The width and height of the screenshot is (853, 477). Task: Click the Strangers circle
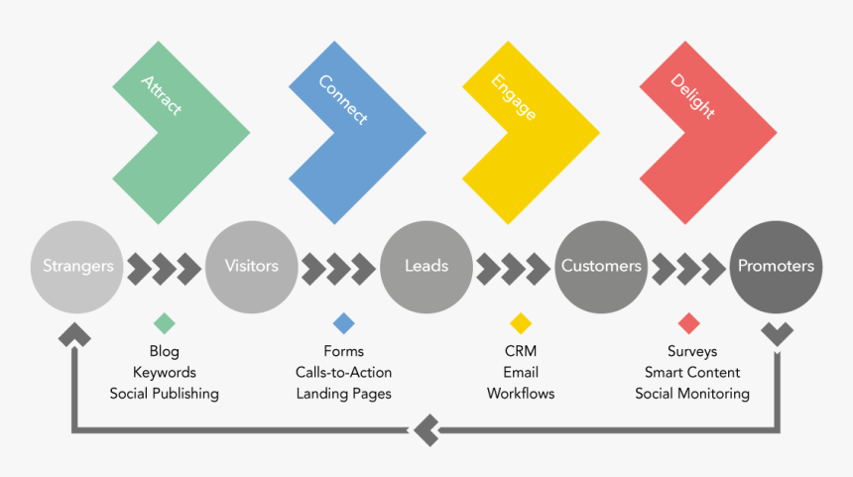click(77, 266)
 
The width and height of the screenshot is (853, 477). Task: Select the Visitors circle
click(251, 266)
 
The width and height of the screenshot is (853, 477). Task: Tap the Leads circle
click(426, 266)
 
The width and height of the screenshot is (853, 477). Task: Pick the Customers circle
click(601, 266)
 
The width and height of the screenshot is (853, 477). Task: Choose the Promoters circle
click(776, 266)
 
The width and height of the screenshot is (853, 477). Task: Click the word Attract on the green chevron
click(161, 95)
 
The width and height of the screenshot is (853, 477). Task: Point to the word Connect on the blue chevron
click(342, 99)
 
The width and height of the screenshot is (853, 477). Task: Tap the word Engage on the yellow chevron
click(514, 97)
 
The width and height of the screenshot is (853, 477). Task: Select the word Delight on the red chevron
click(692, 96)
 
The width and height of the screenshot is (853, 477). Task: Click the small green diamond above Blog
click(165, 323)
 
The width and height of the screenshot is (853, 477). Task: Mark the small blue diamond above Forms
click(343, 323)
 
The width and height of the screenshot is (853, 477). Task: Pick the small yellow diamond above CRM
click(521, 323)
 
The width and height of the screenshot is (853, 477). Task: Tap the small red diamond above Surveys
click(688, 323)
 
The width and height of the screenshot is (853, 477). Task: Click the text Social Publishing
click(165, 394)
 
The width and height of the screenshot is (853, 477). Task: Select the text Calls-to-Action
click(343, 373)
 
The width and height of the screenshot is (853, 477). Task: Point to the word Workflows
click(521, 394)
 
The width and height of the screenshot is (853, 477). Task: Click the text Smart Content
click(692, 373)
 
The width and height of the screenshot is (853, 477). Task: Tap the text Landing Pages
click(343, 394)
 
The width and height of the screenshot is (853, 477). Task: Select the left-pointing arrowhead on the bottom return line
click(425, 431)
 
